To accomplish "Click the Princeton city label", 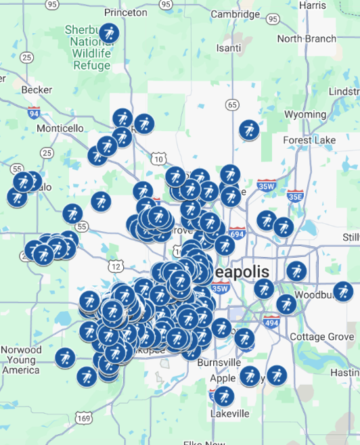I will (x=126, y=12).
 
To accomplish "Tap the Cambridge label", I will (x=235, y=14).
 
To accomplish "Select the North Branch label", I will (x=306, y=39).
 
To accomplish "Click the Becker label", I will (x=37, y=89).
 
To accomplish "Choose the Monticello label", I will (x=60, y=128).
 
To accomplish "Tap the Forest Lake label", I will (x=309, y=140).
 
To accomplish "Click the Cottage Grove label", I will (x=321, y=337).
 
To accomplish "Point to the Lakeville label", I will (x=229, y=413).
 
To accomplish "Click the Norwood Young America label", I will (x=21, y=360).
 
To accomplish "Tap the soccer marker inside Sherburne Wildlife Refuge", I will (x=109, y=32).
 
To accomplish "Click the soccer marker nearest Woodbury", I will (x=343, y=291).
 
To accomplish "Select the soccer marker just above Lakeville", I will (x=224, y=396).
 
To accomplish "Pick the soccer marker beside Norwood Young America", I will (x=65, y=356).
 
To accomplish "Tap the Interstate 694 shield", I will (x=236, y=233).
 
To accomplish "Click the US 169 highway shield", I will (x=83, y=419).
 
